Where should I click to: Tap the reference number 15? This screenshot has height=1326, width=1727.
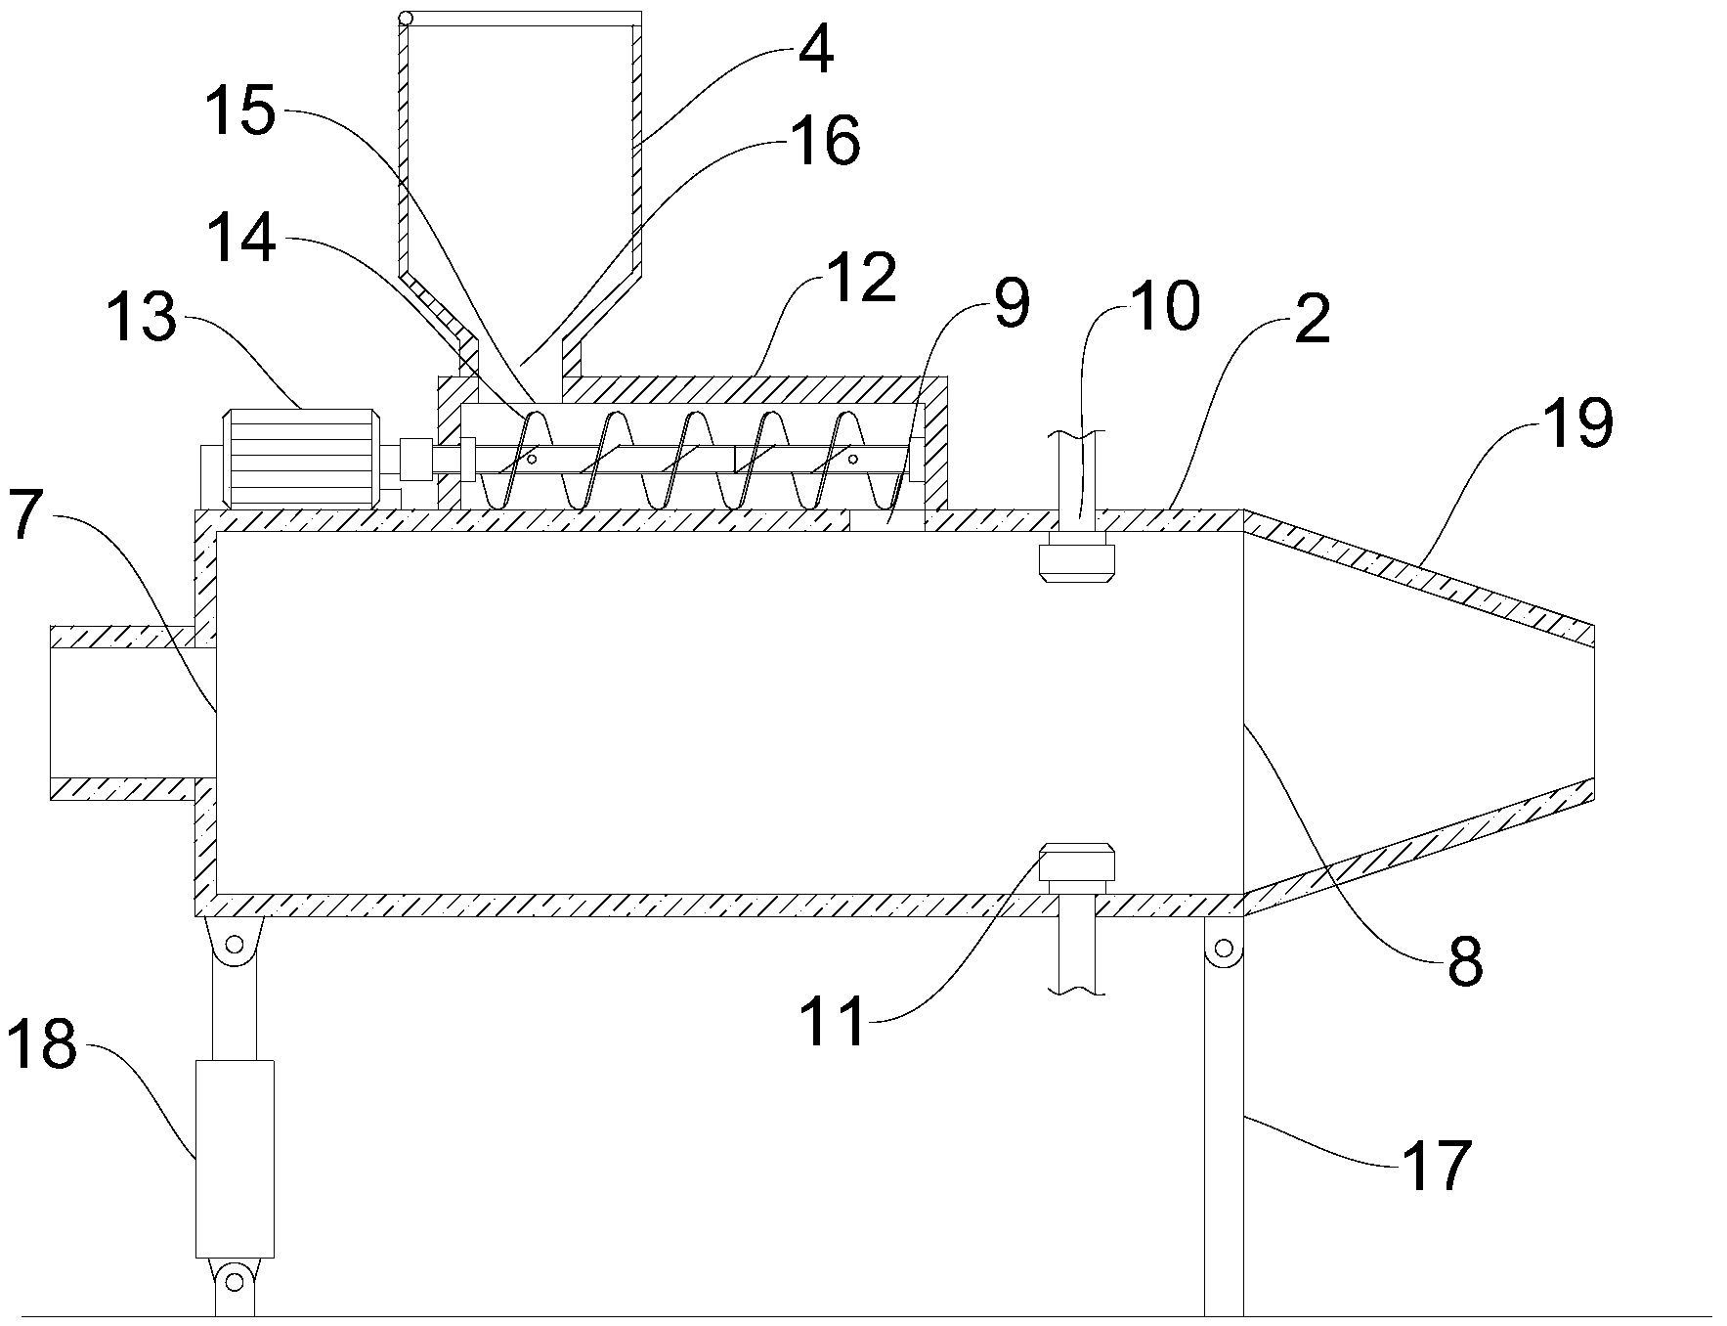click(x=239, y=112)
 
